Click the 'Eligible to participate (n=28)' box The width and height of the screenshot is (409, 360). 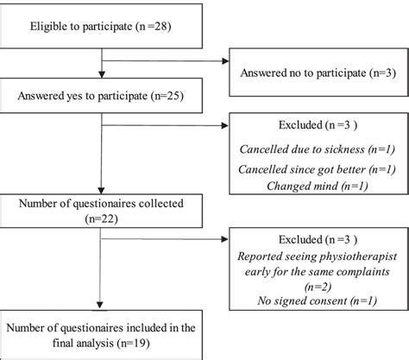pyautogui.click(x=103, y=27)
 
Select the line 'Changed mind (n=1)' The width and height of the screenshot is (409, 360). pyautogui.click(x=317, y=185)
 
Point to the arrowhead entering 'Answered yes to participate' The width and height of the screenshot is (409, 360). pyautogui.click(x=103, y=77)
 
